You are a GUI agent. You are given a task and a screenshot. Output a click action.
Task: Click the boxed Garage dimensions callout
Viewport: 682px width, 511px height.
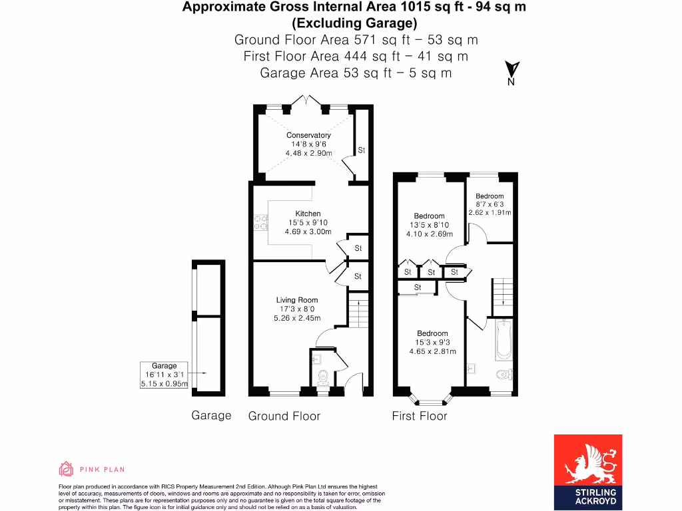[x=165, y=375]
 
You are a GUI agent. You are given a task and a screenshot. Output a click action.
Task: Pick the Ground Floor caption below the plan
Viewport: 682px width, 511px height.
[x=284, y=416]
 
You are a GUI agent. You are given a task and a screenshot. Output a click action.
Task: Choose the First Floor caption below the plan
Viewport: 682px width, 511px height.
[x=420, y=416]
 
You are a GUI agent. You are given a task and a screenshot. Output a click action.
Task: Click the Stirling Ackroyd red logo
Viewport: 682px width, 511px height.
[x=588, y=470]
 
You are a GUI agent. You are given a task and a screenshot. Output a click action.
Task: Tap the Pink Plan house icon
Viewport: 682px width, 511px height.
[x=66, y=469]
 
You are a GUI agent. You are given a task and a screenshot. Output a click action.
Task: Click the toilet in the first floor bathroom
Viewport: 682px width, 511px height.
[x=504, y=375]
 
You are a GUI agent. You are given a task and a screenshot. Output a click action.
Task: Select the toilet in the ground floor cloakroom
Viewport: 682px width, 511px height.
[x=323, y=378]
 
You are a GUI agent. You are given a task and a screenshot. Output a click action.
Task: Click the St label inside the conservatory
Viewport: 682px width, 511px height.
[x=362, y=150]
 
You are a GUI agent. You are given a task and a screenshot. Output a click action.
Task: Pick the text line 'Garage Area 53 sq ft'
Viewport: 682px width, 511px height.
[x=356, y=73]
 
